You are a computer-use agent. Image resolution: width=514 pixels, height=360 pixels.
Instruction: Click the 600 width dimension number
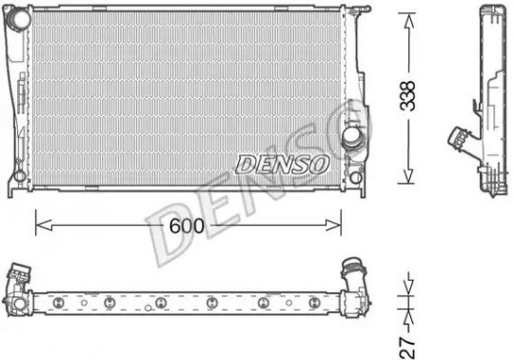[x=187, y=226]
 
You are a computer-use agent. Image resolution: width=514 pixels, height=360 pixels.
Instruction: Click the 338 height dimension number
[x=408, y=95]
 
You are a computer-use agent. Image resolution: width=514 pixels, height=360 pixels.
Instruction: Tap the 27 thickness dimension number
[x=407, y=348]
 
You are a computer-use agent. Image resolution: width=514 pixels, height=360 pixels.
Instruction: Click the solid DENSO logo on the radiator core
[x=282, y=164]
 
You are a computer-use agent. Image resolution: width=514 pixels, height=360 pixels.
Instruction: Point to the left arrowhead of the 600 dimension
[x=44, y=226]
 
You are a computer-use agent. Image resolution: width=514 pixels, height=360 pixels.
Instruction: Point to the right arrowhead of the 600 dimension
[x=333, y=226]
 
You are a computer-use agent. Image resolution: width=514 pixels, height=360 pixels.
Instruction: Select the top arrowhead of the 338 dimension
[x=408, y=21]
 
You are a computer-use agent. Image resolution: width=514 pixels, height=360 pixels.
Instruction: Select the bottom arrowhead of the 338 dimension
[x=408, y=176]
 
